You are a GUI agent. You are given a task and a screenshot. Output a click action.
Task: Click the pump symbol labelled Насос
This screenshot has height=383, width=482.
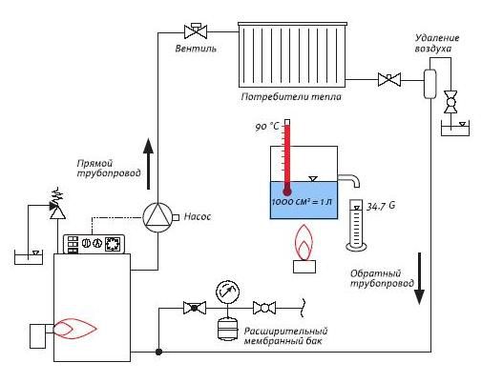point(157,217)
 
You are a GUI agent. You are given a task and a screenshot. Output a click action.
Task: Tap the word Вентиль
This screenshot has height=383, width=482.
point(196,49)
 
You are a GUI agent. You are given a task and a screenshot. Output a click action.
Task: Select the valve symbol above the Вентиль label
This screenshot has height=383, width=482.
point(196,31)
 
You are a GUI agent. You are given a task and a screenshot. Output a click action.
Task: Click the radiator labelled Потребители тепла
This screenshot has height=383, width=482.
point(292,54)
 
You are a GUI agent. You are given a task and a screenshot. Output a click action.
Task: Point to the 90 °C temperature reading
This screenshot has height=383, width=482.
point(267,127)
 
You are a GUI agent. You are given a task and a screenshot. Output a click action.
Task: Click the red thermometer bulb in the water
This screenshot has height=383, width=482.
point(287,191)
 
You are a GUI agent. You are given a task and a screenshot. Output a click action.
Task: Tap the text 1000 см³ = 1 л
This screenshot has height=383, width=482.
point(302,202)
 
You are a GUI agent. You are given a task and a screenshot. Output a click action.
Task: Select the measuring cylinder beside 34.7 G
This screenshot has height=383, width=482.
point(356,225)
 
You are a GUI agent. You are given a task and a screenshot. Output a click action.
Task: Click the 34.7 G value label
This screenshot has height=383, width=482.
point(381,206)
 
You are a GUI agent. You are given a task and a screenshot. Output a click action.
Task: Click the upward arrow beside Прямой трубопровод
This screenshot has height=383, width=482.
point(148,164)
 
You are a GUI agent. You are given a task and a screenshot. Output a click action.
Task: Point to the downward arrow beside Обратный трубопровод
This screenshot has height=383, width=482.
point(419,278)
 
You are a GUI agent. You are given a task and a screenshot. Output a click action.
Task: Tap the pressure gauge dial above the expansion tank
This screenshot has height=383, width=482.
point(227,291)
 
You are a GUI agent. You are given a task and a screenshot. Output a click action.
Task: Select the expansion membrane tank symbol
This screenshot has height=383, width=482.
point(227,330)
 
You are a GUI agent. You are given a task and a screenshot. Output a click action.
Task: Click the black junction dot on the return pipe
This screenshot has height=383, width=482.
point(158,352)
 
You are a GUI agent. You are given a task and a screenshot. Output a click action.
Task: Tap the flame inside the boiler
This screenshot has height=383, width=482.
point(74,329)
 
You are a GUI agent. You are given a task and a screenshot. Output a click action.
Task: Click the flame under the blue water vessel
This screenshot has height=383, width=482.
point(304,242)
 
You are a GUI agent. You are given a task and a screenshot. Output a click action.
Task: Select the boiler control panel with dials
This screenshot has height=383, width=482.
point(94,244)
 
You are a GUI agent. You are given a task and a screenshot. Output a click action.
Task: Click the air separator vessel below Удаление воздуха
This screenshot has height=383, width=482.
point(430,84)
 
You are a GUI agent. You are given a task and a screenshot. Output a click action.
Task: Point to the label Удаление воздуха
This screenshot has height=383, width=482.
point(437,43)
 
